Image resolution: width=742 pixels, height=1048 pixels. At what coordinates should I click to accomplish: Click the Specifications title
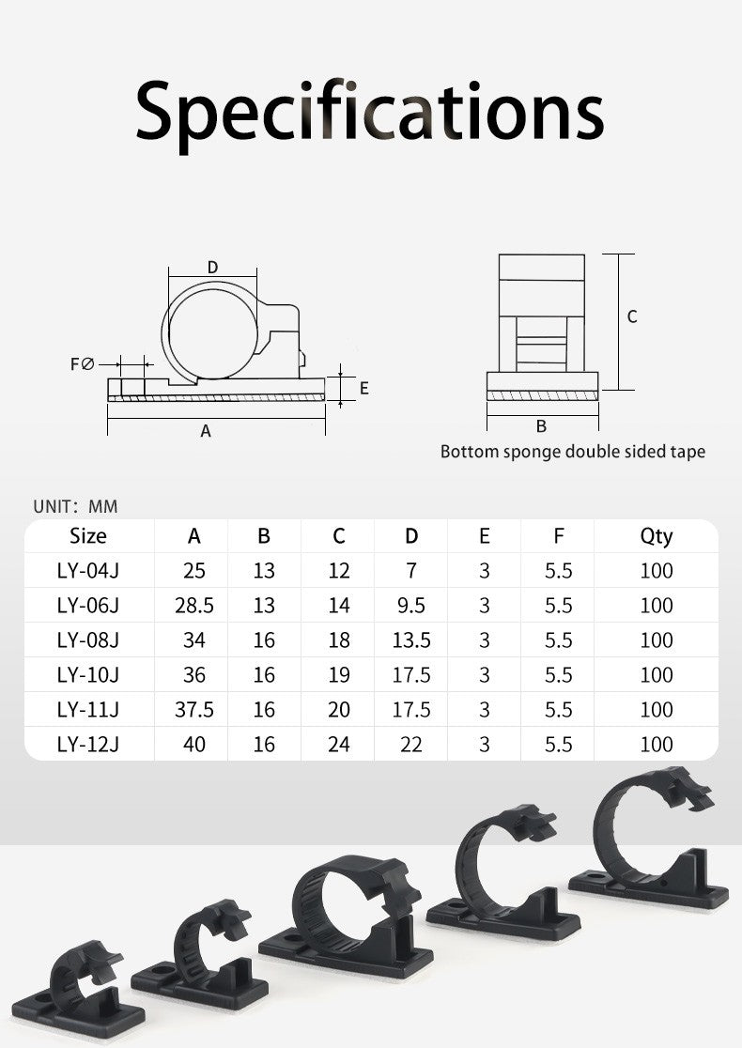[x=370, y=113]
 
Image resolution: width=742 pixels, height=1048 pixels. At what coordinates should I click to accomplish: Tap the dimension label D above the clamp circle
[x=212, y=268]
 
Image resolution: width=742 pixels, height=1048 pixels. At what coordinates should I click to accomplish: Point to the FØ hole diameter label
[x=83, y=364]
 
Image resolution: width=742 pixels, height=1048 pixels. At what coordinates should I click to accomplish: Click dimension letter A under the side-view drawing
[x=206, y=431]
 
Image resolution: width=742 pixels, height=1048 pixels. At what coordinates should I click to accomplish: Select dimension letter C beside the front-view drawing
[x=632, y=316]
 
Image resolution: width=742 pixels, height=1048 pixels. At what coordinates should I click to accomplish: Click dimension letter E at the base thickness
[x=364, y=389]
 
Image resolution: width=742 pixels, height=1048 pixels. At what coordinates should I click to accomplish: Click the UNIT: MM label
[x=75, y=506]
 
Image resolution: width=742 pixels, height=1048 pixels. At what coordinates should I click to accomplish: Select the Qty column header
[x=657, y=537]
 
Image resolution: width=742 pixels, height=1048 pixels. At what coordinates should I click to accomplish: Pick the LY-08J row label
[x=88, y=640]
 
